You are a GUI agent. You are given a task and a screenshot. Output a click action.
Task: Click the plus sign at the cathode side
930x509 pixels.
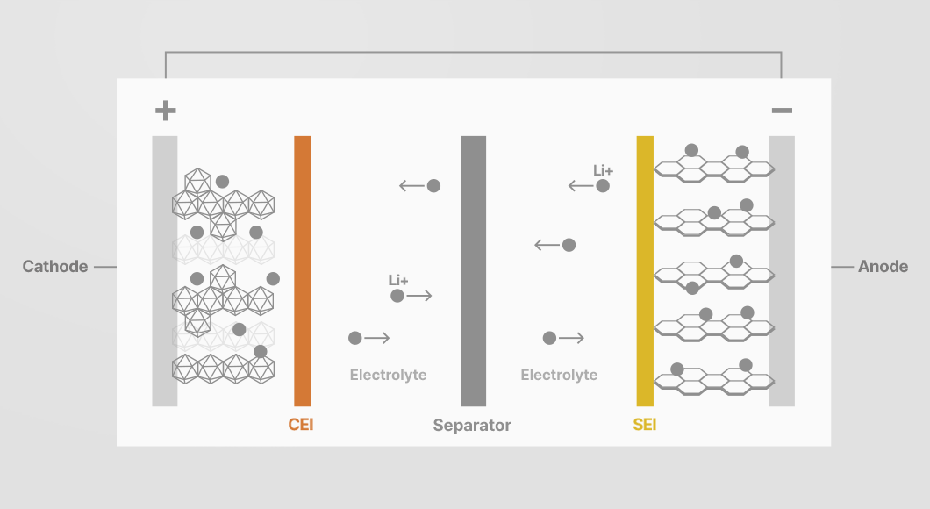point(166,111)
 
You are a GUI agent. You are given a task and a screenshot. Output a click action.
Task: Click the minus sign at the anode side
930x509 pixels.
point(782,111)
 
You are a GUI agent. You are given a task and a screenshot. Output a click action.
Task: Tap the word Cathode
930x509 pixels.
point(55,267)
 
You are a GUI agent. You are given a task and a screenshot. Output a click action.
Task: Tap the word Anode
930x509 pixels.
point(883,267)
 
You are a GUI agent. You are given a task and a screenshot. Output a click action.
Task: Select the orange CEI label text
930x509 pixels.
point(301,425)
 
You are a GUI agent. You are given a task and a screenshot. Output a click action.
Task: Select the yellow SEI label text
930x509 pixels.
point(645,425)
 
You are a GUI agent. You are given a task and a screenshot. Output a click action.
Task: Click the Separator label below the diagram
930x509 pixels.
point(472,426)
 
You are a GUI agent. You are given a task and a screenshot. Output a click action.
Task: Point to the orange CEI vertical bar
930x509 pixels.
point(303,271)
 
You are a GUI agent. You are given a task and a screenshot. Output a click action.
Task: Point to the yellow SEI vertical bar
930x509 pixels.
point(645,271)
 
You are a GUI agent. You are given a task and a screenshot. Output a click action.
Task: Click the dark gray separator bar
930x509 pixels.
point(473,271)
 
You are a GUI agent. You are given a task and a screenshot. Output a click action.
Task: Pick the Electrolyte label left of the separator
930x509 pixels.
point(389,375)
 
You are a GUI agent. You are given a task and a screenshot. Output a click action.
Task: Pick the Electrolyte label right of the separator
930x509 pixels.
point(559,375)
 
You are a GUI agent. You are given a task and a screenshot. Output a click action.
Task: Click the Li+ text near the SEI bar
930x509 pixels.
point(604,171)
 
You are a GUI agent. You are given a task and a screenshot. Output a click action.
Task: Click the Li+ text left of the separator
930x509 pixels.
point(398,281)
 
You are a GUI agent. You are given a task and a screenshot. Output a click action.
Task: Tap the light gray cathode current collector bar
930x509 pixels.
point(165,271)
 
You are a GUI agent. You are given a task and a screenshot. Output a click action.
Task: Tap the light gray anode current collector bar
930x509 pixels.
point(782,271)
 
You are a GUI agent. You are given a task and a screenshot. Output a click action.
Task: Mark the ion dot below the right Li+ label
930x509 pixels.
point(603,186)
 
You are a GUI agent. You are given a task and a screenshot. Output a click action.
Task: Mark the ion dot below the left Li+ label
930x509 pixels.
point(397,296)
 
